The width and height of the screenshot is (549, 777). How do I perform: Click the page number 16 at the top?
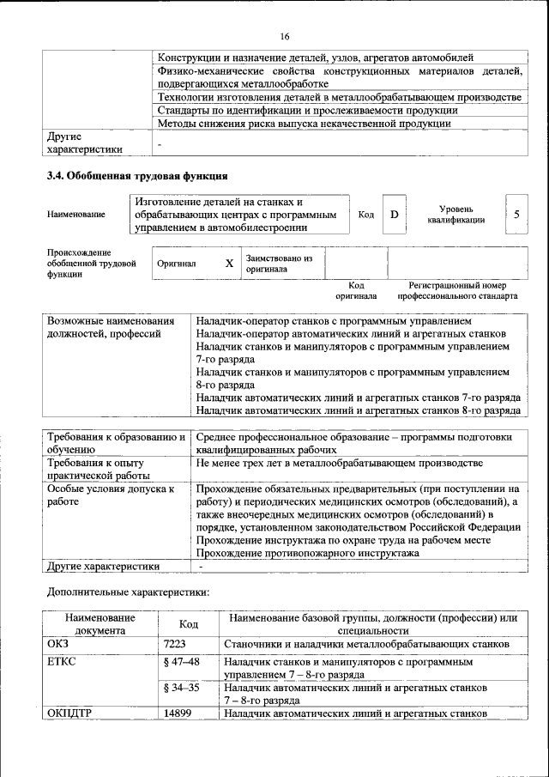coord(285,35)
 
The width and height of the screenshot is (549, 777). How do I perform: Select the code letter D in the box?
coord(395,215)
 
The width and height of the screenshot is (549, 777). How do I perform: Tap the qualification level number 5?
coord(516,214)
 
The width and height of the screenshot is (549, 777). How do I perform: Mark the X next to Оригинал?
coord(229,264)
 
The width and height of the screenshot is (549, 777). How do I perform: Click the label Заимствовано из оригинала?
coord(279,263)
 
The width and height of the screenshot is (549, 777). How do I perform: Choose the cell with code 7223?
coord(175,644)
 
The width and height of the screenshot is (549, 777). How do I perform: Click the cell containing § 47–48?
coord(181,662)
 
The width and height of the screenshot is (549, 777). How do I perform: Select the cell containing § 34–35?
coord(181,688)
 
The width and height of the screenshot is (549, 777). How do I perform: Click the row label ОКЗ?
coord(58,644)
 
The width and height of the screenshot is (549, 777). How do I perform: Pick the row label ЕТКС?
coord(63,662)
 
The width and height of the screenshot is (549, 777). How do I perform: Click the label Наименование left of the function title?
coord(76,215)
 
